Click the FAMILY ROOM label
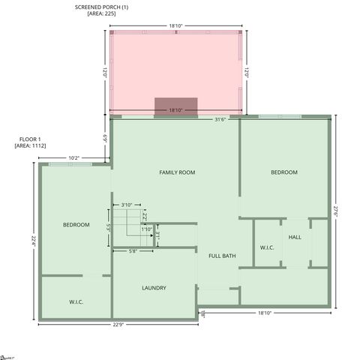click(177, 172)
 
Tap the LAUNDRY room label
click(154, 288)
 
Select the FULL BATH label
click(222, 256)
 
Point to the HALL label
click(295, 237)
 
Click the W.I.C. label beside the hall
click(268, 247)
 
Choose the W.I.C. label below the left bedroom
click(76, 301)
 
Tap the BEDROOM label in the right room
click(284, 172)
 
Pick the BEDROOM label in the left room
click(76, 225)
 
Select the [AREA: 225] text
click(101, 13)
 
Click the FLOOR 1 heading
click(30, 139)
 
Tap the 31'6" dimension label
click(220, 119)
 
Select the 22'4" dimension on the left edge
click(33, 240)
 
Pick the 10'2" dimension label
click(74, 158)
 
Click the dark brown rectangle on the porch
click(175, 106)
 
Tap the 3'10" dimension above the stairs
click(127, 205)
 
